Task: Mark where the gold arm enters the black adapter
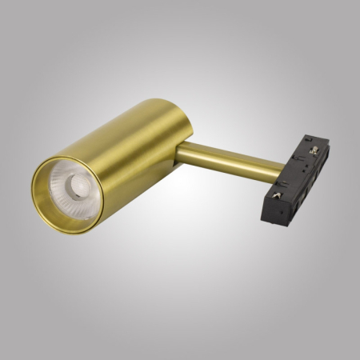pyautogui.click(x=280, y=169)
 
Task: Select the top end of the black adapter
pyautogui.click(x=318, y=139)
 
